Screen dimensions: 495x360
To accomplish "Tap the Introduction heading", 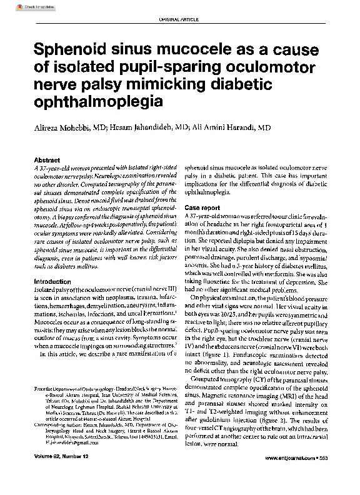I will pos(52,282).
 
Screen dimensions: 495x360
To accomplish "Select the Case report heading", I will pos(202,207).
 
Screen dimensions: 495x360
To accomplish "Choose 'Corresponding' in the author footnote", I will pos(51,423).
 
